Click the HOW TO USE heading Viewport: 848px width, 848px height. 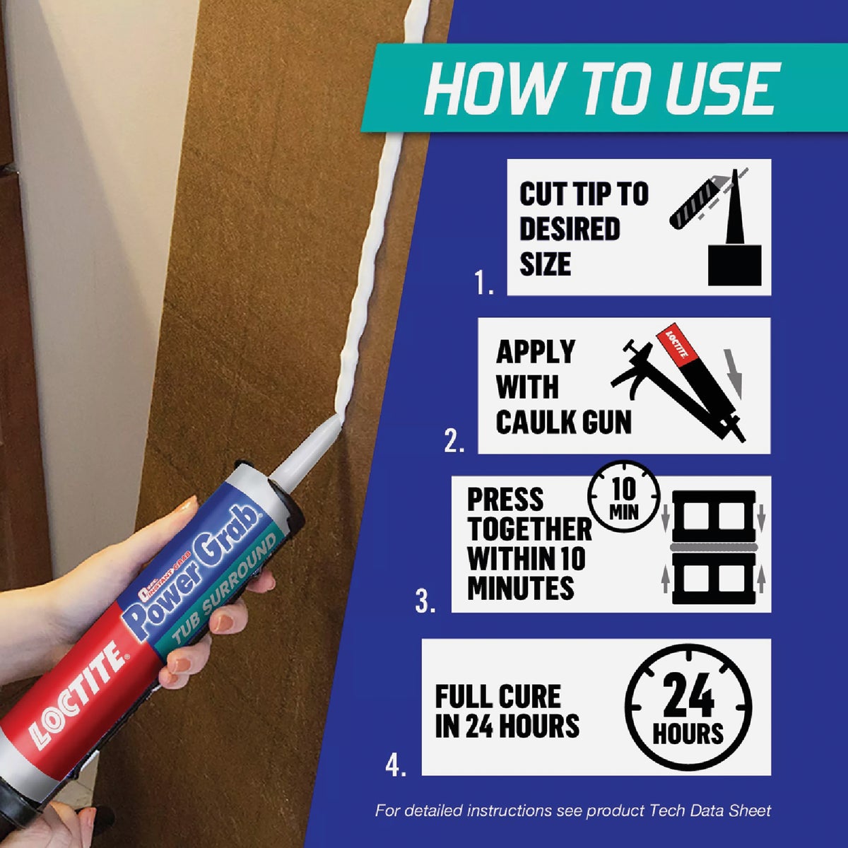tap(601, 88)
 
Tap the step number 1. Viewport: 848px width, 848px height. tap(484, 283)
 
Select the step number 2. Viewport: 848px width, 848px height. tap(454, 441)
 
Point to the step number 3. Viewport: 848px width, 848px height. tap(425, 601)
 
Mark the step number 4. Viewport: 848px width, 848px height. tap(396, 765)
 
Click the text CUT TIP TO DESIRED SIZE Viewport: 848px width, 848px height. tap(583, 228)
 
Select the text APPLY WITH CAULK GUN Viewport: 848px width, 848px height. tap(563, 387)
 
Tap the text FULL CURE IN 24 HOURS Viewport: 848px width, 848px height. tap(506, 711)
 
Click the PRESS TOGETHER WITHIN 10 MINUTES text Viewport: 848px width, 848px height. tap(529, 543)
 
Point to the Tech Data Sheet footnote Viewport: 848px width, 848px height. tap(572, 811)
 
